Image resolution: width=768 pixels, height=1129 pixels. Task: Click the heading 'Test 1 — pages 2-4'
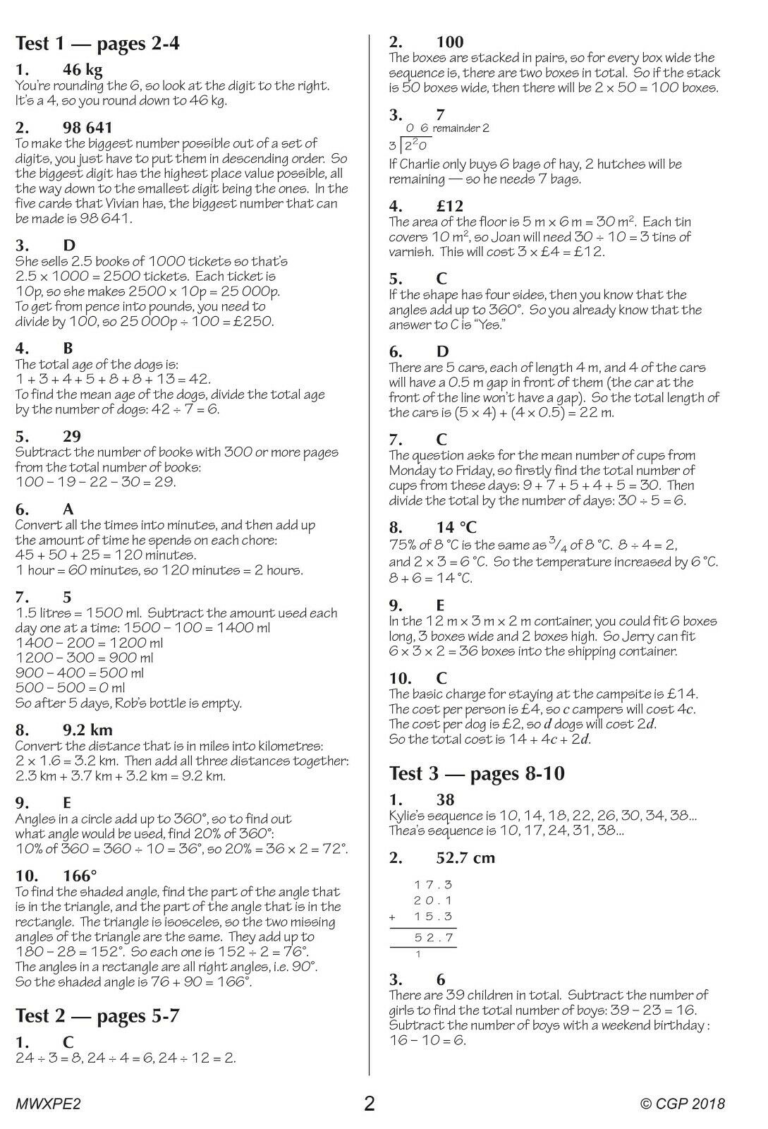click(97, 44)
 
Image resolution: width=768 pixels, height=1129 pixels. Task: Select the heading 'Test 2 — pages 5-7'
click(97, 1016)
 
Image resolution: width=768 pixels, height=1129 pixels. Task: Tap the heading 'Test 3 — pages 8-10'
click(477, 773)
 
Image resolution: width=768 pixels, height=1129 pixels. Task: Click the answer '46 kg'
click(83, 70)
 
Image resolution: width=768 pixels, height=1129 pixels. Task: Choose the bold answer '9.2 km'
click(87, 730)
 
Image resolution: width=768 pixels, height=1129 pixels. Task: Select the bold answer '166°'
click(80, 876)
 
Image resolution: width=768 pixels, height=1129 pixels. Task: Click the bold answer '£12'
click(450, 206)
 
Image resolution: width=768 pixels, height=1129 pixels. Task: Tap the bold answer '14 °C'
click(457, 527)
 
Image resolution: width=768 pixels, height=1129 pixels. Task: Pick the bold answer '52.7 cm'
click(466, 858)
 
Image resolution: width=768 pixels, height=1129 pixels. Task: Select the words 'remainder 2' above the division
click(461, 128)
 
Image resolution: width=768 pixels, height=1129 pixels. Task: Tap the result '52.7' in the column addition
click(434, 938)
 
